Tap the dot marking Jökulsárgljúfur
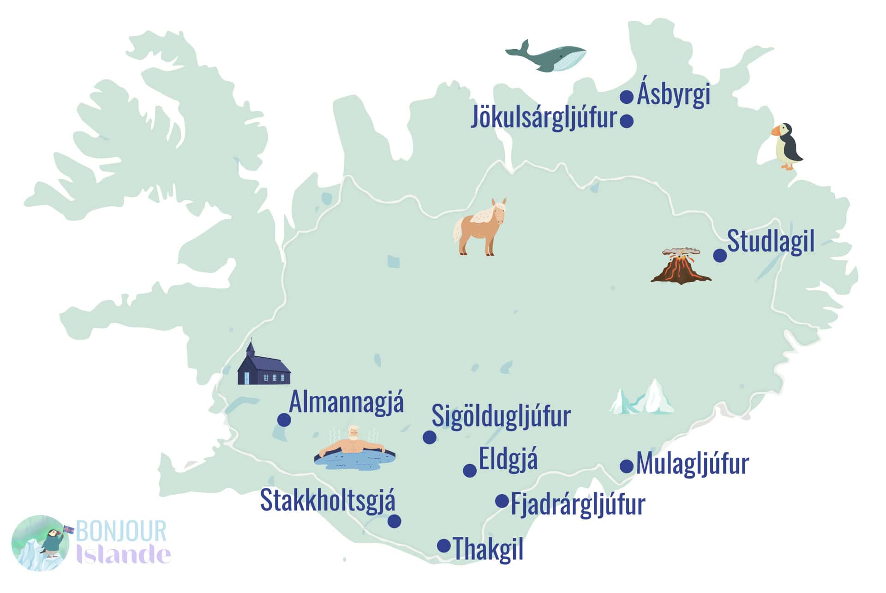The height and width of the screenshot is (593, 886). [626, 121]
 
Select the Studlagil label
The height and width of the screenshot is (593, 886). [770, 241]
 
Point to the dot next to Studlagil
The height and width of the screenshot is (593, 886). [720, 255]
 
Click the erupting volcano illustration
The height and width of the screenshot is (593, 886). [681, 266]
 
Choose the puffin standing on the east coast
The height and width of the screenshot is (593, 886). [787, 146]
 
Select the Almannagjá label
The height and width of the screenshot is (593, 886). [346, 403]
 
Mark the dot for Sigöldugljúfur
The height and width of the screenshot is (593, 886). [429, 437]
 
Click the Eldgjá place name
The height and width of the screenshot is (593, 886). [508, 460]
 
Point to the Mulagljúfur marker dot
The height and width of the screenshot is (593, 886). [626, 466]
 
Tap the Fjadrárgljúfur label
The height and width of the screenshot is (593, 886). [578, 505]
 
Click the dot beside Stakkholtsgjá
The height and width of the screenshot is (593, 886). [394, 521]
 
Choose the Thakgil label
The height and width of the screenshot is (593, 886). [488, 549]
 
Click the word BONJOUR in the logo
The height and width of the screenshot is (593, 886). [121, 531]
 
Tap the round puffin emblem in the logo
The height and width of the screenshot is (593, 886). [40, 543]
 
